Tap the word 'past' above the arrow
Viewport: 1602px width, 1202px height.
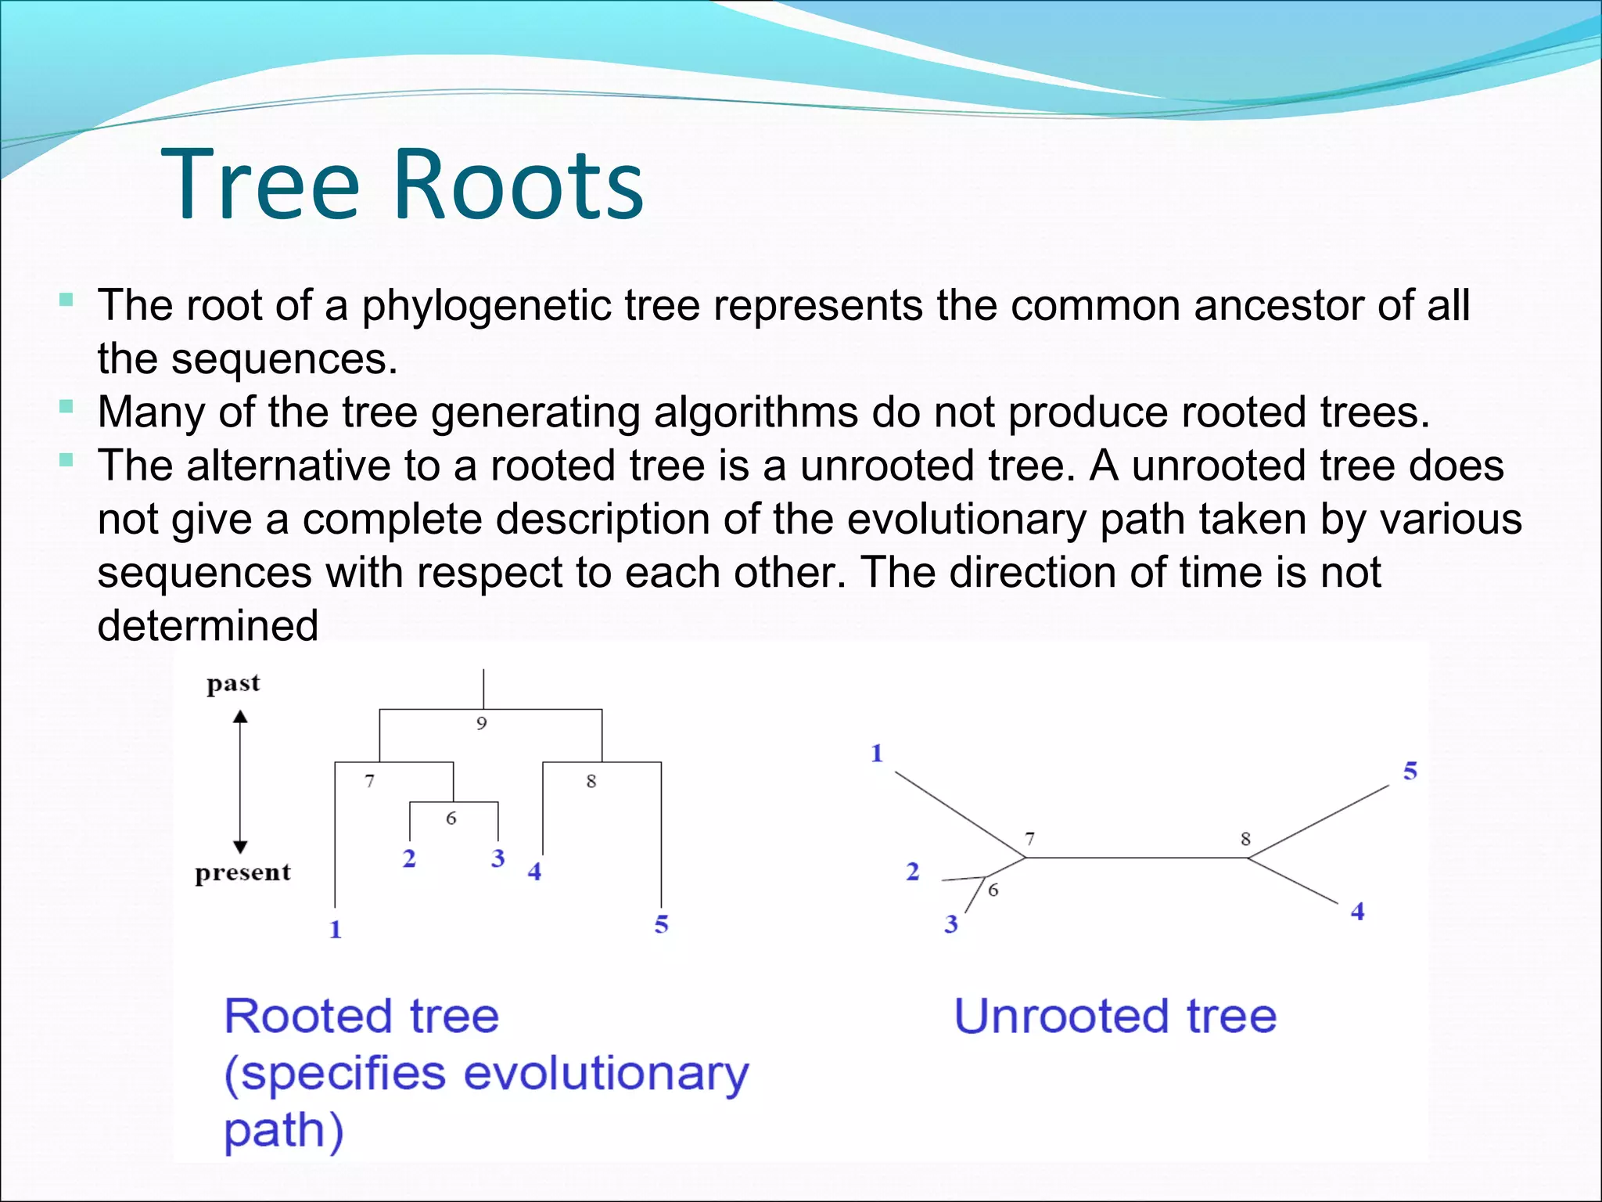point(232,684)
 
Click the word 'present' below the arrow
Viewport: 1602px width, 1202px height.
point(242,872)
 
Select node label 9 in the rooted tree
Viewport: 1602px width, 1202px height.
point(482,724)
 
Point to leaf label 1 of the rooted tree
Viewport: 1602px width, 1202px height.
point(336,929)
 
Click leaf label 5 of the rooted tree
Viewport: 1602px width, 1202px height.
point(662,924)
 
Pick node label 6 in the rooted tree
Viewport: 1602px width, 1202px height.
point(451,819)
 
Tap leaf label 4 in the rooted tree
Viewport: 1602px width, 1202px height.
point(534,872)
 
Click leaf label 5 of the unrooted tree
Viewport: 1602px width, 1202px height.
point(1410,771)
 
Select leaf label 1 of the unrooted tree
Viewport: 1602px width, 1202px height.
point(877,753)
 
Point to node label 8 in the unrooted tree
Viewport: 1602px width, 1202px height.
point(1246,839)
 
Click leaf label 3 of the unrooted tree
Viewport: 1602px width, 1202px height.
point(951,924)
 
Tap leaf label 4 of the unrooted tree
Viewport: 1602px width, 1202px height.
point(1358,911)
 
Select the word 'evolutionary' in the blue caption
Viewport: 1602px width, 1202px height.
point(606,1074)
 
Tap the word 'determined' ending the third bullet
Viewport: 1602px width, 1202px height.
point(207,626)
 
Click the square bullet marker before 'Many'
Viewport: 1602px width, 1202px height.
point(66,406)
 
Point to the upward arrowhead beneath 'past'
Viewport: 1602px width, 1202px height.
point(241,716)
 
